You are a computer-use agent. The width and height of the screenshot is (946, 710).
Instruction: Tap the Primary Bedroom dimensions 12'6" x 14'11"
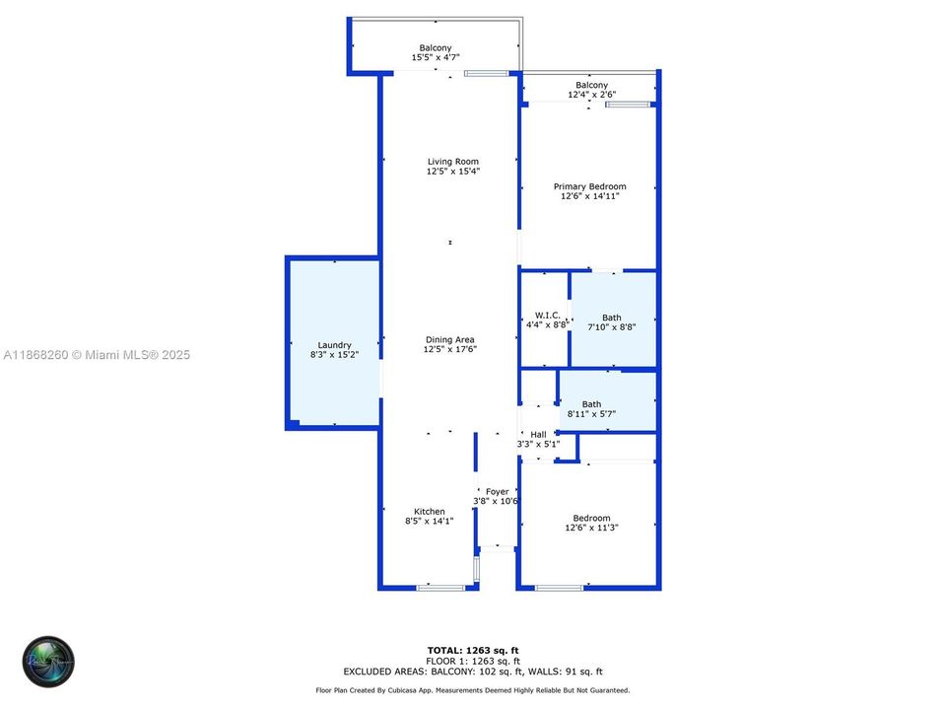(x=589, y=197)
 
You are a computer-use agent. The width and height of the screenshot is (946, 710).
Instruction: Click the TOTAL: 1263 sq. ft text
(x=472, y=650)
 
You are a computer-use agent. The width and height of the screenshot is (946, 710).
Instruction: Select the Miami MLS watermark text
(x=96, y=355)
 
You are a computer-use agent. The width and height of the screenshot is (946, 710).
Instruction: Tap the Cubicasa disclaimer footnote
(x=472, y=691)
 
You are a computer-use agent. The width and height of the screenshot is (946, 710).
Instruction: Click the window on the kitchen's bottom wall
(x=439, y=588)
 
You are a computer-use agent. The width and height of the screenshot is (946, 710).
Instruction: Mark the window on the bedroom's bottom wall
(x=559, y=588)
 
